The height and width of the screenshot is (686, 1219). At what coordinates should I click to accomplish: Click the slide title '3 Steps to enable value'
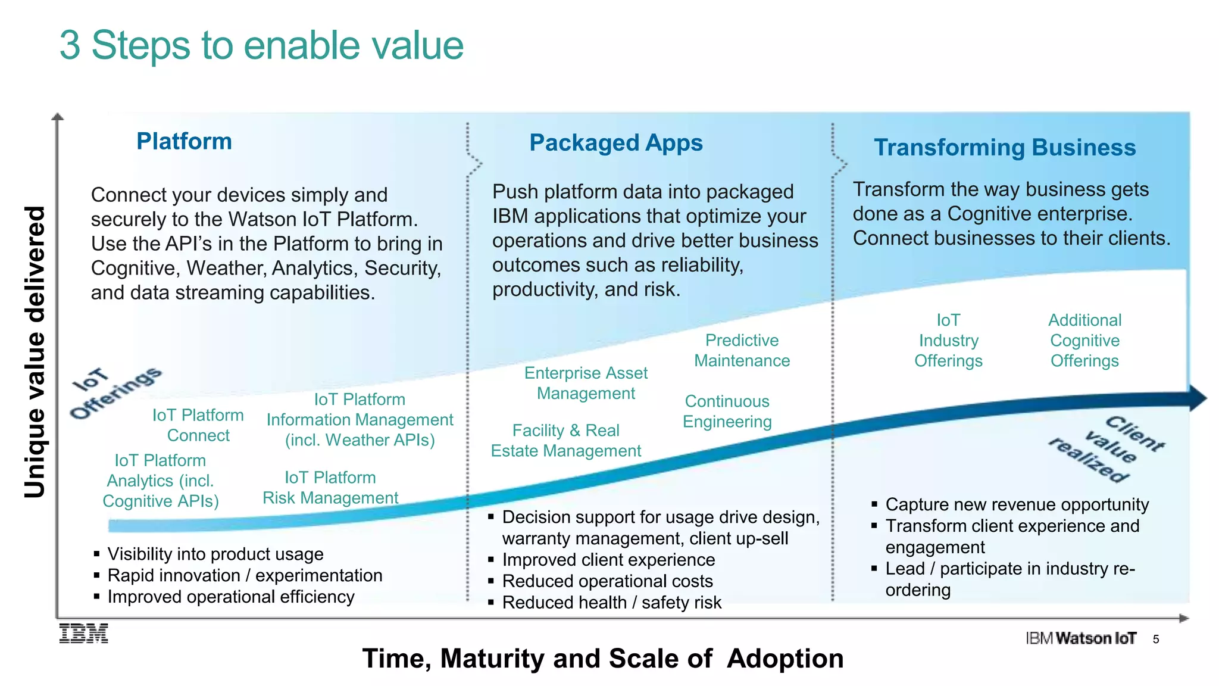point(261,45)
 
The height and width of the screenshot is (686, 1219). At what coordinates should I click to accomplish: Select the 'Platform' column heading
point(184,142)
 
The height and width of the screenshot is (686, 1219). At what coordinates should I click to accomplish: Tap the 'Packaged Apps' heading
point(616,143)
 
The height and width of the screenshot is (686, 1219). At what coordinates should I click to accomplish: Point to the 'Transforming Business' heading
point(1005,148)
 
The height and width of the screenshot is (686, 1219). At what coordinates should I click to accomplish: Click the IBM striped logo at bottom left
point(84,634)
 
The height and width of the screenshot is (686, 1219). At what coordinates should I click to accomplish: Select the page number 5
point(1156,640)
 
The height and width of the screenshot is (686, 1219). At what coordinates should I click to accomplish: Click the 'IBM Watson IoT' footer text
point(1081,638)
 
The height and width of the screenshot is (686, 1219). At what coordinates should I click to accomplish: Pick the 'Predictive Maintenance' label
point(742,350)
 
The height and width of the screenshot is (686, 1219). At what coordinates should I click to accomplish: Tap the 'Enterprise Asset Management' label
point(586,383)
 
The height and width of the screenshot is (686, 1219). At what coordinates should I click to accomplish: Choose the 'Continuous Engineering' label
point(727,411)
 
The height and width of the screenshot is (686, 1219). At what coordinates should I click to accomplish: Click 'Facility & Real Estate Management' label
point(565,441)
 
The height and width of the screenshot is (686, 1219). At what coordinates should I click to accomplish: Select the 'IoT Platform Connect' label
point(198,425)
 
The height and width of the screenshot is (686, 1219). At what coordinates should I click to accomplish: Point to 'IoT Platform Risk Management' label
point(330,488)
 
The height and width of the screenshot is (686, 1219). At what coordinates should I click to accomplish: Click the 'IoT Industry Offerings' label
point(948,341)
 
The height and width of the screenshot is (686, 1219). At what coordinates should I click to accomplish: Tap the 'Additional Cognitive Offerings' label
point(1084,341)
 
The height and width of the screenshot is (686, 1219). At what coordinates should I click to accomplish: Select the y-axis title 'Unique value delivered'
point(35,351)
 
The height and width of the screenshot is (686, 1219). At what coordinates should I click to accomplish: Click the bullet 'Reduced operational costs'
point(607,581)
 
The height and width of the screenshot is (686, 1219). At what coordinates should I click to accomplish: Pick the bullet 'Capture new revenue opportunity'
point(1017,504)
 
